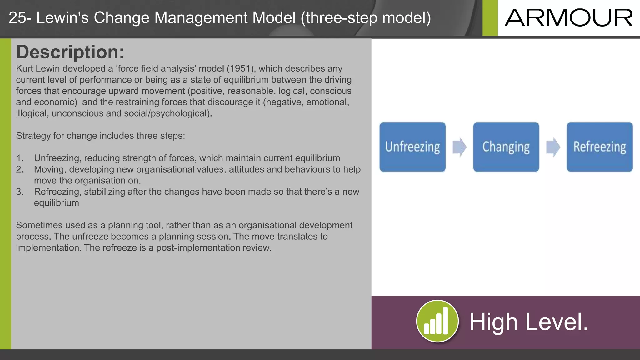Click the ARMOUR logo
568,18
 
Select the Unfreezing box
412,147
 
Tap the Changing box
506,147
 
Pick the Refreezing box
599,147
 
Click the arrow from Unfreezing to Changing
459,147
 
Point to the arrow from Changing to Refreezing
553,147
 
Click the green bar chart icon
437,322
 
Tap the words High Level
529,322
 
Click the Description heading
70,52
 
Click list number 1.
19,158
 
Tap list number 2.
19,169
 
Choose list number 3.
19,192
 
